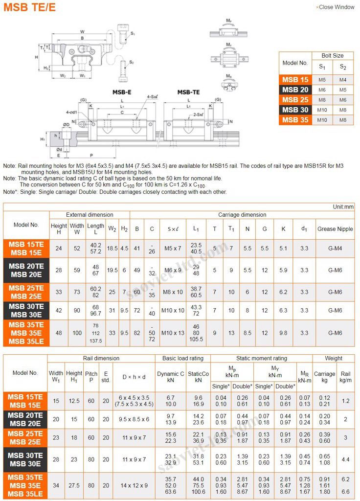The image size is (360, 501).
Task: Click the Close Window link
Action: coord(337,7)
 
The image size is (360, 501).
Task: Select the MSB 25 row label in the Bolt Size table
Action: coord(295,99)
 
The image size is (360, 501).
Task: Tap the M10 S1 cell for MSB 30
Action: coord(322,110)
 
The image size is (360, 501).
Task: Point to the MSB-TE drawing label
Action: coord(188,92)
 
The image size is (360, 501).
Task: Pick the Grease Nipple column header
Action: coord(335,228)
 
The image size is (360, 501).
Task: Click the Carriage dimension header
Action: coord(242,215)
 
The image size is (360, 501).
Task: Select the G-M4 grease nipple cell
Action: coord(335,249)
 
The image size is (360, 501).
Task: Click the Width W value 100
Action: coord(77,333)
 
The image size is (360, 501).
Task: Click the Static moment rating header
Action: coord(262,358)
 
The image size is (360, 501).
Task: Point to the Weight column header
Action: coord(334,358)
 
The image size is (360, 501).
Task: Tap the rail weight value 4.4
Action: coord(346,459)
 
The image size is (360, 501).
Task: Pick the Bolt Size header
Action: coord(333,56)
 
